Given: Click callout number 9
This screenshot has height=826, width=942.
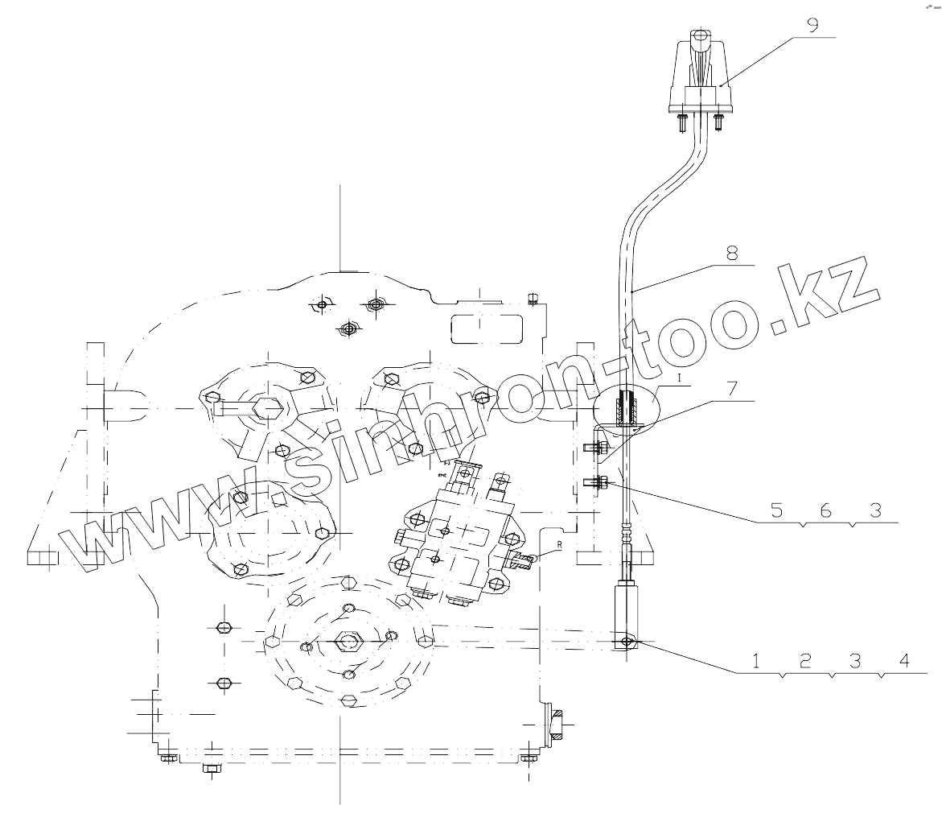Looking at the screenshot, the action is pos(813,24).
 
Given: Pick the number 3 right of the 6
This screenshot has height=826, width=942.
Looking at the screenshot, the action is pos(854,510).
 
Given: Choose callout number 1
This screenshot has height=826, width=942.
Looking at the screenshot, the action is pos(756,661).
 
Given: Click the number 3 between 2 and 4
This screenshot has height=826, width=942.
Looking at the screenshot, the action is pos(855,661).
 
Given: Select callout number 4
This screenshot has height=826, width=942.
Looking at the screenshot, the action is pos(905,661).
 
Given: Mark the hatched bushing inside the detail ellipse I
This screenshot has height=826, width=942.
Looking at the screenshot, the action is pos(628,409).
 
